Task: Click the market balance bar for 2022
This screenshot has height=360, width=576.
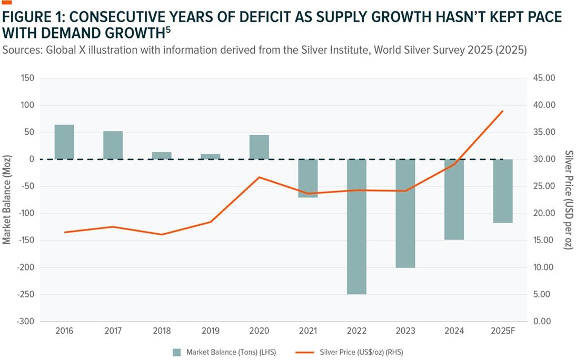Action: coord(356,226)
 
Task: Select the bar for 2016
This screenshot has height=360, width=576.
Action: coord(64,142)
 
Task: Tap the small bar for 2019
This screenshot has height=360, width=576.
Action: coord(211,156)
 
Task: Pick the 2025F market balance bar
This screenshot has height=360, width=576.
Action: coord(503,191)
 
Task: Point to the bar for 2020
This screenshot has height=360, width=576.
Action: coord(259,147)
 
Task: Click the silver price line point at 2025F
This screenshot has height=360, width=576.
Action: coord(503,111)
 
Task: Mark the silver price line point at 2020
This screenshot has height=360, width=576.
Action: coord(259,177)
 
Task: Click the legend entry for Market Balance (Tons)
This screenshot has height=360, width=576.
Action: coord(224,352)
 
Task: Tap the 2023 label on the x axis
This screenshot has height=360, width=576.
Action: coord(405,331)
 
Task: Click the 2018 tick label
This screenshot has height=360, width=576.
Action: coord(162,331)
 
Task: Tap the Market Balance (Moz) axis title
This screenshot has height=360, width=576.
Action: coord(7,200)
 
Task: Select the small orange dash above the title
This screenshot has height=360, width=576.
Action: coord(7,2)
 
